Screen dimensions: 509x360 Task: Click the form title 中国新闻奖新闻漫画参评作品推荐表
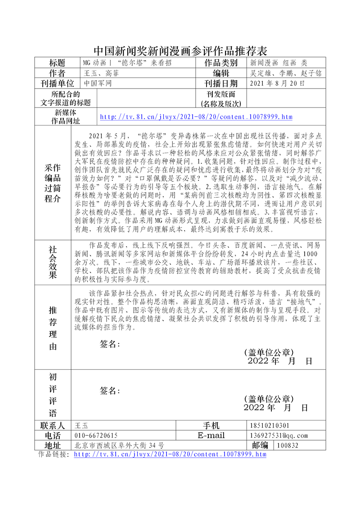180,49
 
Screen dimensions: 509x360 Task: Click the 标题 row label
57,63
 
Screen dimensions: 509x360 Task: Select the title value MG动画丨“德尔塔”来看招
127,63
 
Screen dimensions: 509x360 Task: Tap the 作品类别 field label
221,63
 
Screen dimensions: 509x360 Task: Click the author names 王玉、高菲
102,73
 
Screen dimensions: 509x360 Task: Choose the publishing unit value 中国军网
97,83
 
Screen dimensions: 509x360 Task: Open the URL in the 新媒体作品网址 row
196,117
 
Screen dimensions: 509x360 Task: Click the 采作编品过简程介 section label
53,183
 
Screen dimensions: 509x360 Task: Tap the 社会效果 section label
53,262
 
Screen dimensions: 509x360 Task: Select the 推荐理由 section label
53,328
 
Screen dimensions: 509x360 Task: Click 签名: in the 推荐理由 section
110,344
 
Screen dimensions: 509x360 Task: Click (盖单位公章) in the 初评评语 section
269,399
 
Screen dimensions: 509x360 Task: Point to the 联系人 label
53,425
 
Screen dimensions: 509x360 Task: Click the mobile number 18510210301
270,425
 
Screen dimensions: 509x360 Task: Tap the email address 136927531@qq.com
278,435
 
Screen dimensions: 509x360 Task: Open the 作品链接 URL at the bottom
170,455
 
